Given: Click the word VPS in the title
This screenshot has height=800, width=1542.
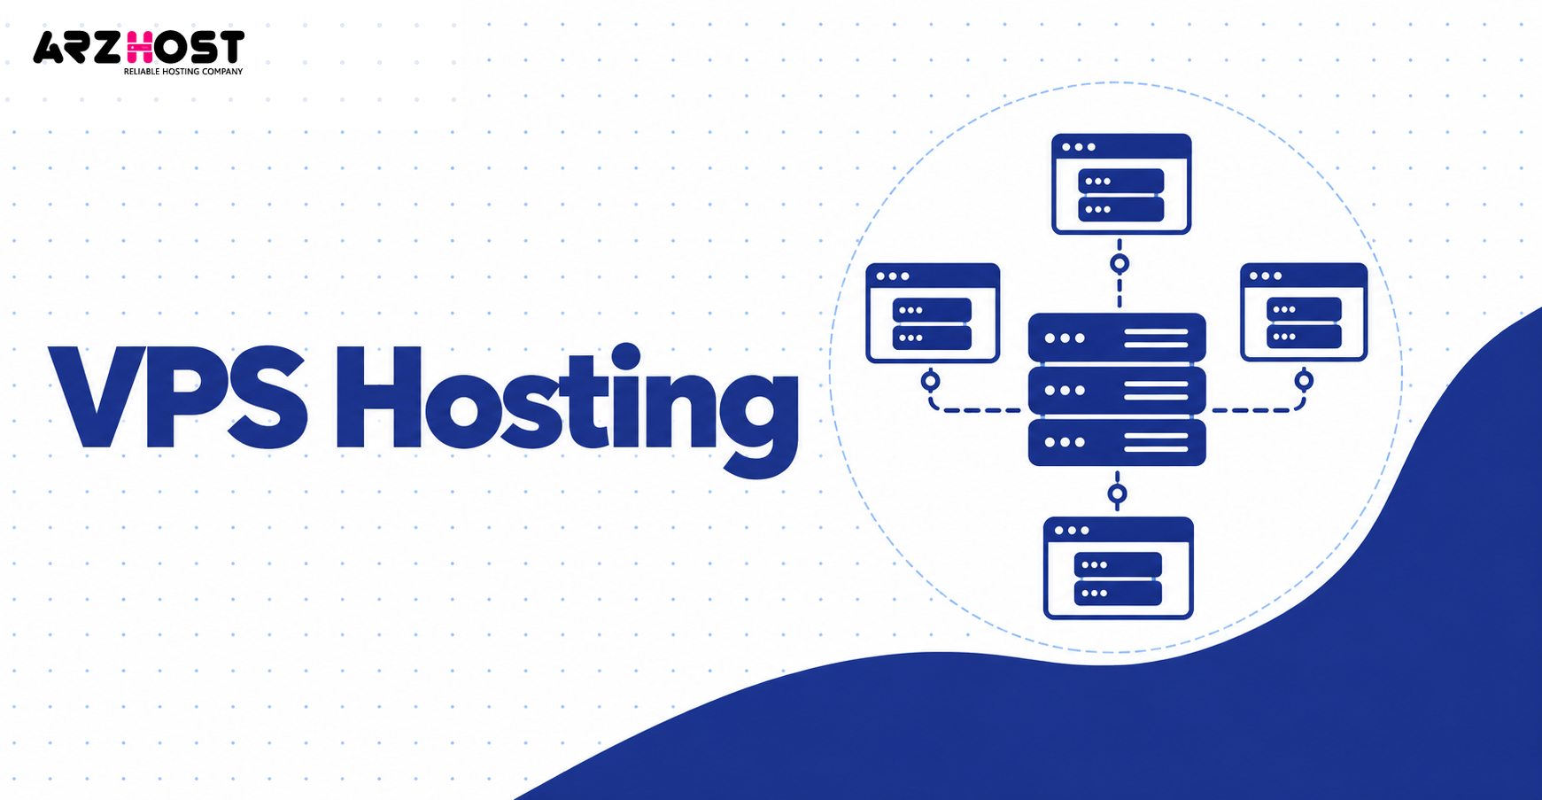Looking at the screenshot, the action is tap(178, 398).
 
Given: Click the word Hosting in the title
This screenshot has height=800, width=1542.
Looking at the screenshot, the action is tap(567, 410).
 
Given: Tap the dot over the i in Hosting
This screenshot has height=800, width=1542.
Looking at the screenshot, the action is tap(625, 357).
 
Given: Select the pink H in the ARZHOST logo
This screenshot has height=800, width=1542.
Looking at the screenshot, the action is tap(138, 47).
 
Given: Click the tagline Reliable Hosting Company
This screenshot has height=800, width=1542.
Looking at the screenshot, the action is tap(183, 71).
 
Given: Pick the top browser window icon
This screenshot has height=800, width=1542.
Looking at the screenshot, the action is tap(1121, 183).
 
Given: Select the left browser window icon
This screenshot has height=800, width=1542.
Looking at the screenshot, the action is tap(933, 313).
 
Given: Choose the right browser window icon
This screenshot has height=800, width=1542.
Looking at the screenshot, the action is tap(1304, 312).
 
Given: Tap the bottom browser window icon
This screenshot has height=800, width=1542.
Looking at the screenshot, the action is tap(1119, 568).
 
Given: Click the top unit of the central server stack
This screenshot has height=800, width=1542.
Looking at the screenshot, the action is tap(1117, 338).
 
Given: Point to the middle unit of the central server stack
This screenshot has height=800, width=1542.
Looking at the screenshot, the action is tap(1117, 390).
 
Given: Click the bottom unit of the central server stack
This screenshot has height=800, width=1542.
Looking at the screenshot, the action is tap(1117, 442).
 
